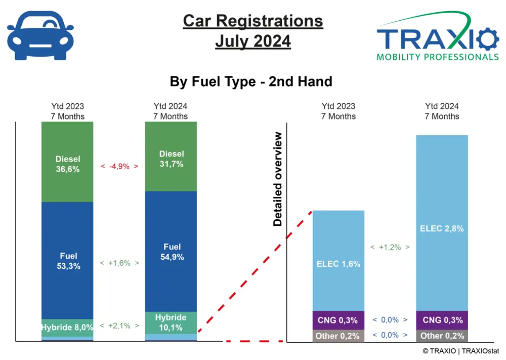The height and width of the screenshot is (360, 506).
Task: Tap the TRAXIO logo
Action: click(x=437, y=38)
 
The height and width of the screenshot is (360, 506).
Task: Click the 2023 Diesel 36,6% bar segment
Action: click(x=68, y=162)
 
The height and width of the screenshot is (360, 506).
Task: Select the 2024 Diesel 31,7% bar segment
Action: click(x=171, y=157)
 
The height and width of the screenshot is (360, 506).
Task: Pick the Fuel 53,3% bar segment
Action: click(x=68, y=260)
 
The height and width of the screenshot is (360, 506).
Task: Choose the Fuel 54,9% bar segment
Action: click(x=171, y=251)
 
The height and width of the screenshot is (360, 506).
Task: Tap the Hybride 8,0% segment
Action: click(x=68, y=328)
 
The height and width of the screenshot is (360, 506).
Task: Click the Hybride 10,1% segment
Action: click(x=171, y=323)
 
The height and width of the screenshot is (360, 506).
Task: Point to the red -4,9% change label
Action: click(x=119, y=166)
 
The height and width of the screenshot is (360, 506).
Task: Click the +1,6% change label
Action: click(x=119, y=263)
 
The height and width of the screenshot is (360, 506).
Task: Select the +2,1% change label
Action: click(x=119, y=326)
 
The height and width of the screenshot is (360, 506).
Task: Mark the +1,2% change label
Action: click(x=390, y=248)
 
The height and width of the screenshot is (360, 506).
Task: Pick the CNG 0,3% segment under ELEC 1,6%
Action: click(x=339, y=320)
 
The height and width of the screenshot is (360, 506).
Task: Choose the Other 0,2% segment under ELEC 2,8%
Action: click(x=442, y=336)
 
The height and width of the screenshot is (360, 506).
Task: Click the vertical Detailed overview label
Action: click(x=278, y=179)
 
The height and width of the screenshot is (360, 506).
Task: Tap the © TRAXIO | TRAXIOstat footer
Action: click(x=459, y=350)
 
